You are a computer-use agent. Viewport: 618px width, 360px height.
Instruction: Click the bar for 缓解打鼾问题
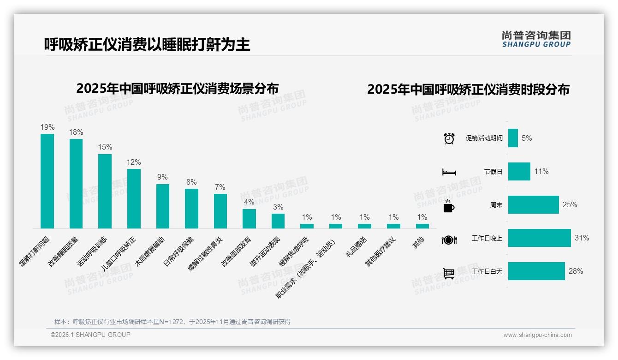point(47,181)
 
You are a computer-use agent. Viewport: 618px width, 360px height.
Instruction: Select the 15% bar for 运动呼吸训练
point(105,191)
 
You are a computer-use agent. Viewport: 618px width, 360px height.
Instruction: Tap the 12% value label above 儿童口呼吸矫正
point(134,162)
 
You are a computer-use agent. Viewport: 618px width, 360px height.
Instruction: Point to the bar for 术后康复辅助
point(163,206)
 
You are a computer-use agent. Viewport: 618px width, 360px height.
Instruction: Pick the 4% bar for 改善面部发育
point(249,218)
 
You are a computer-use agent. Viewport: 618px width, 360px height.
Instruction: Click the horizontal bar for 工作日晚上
point(539,238)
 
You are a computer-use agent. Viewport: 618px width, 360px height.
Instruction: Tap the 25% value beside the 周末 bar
point(570,205)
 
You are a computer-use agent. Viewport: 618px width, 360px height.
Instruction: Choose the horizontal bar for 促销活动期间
point(513,138)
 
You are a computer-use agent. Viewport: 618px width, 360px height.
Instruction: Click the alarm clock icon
point(449,138)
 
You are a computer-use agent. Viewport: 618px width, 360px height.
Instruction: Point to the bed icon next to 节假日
point(449,172)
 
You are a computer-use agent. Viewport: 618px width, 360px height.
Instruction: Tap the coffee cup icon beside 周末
point(449,206)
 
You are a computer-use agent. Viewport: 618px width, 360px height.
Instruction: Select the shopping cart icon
point(449,273)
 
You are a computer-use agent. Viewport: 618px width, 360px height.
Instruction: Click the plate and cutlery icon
point(449,240)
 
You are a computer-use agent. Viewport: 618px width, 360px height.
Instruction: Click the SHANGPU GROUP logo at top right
point(536,39)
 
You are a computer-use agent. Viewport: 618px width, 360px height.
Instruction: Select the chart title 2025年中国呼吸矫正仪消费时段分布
point(468,89)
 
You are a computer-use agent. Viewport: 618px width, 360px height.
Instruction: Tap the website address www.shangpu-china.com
point(537,335)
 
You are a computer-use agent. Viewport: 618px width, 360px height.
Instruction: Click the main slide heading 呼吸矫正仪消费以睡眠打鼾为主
point(147,44)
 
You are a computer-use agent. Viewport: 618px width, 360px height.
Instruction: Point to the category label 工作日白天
point(487,271)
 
